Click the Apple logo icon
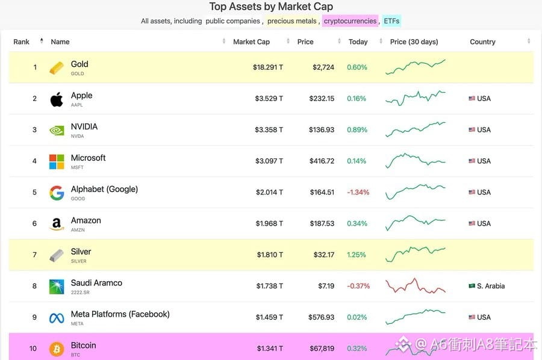tap(57, 99)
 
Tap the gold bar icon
tap(57, 67)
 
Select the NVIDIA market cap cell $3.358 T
tap(269, 130)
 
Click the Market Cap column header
tap(251, 42)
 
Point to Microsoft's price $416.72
tap(322, 161)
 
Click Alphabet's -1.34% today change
tap(358, 193)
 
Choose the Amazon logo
tap(57, 224)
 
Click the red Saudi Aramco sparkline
tap(415, 286)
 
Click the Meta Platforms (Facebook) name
tap(120, 314)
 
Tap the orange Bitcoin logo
tap(57, 349)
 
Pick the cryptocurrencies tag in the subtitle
tap(350, 21)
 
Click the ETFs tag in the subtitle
tap(391, 21)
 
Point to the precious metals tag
tap(291, 21)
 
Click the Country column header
tap(482, 42)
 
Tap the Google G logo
tap(57, 193)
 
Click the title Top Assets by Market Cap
tap(271, 7)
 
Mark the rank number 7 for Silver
tap(35, 255)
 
